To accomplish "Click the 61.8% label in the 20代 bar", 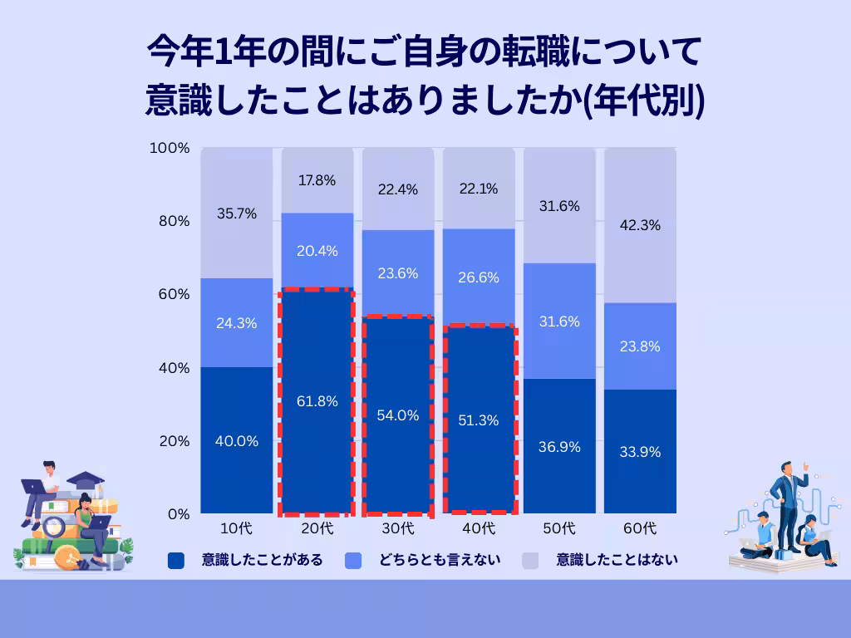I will (x=317, y=401).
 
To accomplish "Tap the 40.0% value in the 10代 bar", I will (x=237, y=441).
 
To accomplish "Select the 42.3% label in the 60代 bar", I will (x=639, y=224).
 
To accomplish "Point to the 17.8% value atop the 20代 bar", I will (x=317, y=180).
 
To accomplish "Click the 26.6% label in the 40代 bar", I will (x=479, y=277).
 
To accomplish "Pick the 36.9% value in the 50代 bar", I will (x=559, y=446).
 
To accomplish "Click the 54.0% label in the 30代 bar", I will (x=398, y=415).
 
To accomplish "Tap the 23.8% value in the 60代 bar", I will (x=639, y=346).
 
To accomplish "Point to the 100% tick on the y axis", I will (x=170, y=148).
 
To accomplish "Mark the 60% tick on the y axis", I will (x=173, y=294).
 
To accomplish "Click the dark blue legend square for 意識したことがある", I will (x=175, y=560).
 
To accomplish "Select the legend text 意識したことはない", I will (x=617, y=560).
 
